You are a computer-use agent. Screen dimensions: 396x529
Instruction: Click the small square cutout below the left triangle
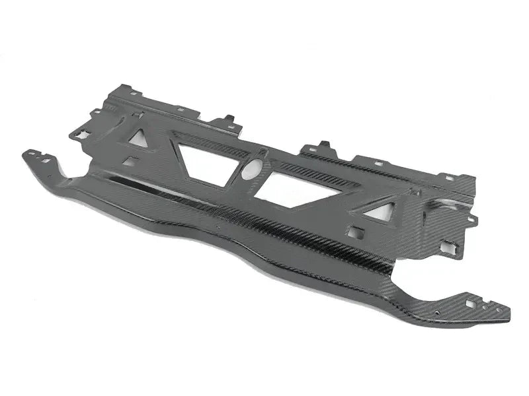pyautogui.click(x=130, y=161)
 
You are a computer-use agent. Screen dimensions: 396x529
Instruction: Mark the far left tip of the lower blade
pyautogui.click(x=25, y=153)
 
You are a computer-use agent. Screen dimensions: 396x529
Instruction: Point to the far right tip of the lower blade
pyautogui.click(x=508, y=317)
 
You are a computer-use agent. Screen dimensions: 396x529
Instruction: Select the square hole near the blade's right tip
pyautogui.click(x=470, y=304)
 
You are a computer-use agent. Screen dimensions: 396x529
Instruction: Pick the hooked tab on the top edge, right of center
pyautogui.click(x=324, y=146)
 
